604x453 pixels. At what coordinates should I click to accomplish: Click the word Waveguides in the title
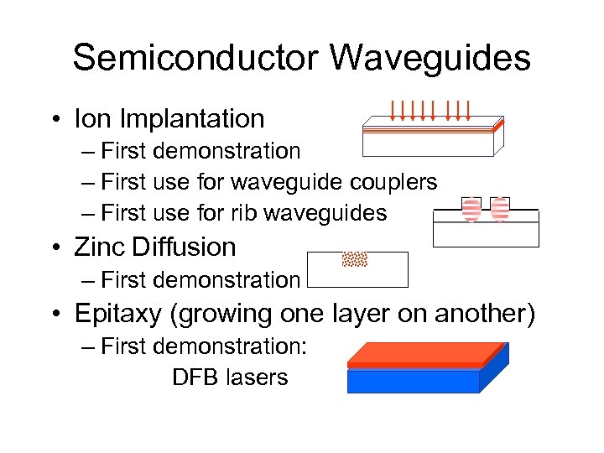pyautogui.click(x=430, y=58)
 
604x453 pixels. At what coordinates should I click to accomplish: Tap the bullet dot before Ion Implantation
pyautogui.click(x=55, y=119)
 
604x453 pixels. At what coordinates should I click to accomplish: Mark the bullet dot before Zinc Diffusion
pyautogui.click(x=55, y=247)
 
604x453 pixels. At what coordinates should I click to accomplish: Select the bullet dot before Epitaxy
pyautogui.click(x=55, y=314)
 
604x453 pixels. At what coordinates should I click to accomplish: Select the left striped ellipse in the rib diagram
pyautogui.click(x=471, y=210)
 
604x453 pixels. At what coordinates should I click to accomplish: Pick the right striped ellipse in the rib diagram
pyautogui.click(x=500, y=210)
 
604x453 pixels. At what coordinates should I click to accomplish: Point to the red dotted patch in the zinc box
pyautogui.click(x=356, y=258)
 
